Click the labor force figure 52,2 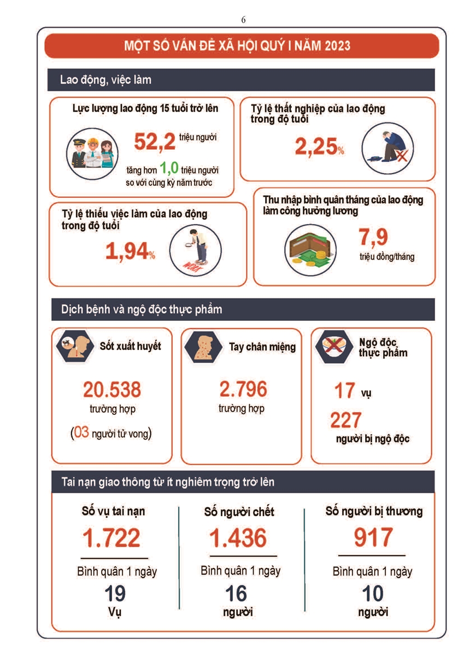pos(155,142)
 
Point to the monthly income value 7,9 pos(373,238)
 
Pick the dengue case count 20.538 pos(112,390)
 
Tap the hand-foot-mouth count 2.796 pos(243,389)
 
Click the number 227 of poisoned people pos(346,420)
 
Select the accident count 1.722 pos(111,538)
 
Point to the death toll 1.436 pos(238,538)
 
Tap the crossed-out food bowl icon pos(332,347)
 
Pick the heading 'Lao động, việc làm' pos(106,80)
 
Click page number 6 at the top pos(243,20)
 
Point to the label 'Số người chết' pos(239,512)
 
